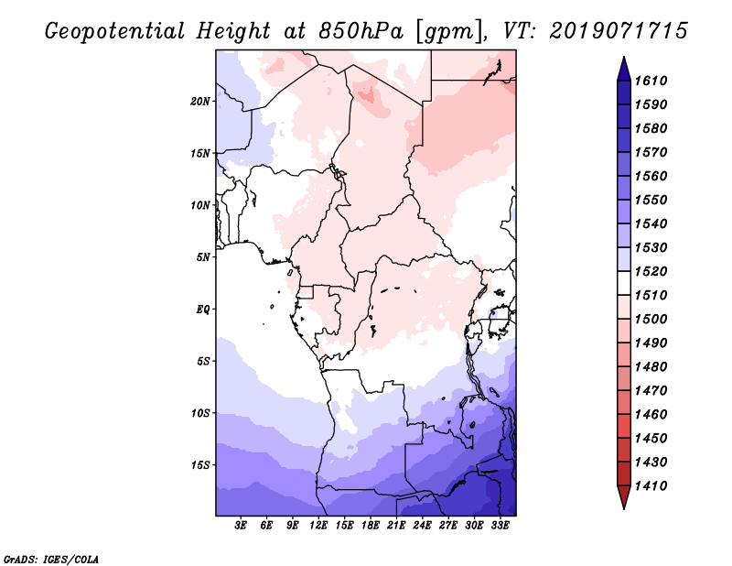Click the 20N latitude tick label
coord(200,101)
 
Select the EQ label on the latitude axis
coord(204,309)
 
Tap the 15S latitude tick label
coord(200,464)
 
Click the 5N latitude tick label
coord(203,257)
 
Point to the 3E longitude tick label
coord(242,525)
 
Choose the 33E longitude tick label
coord(500,525)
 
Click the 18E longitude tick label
coord(371,525)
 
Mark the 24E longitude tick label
coord(423,525)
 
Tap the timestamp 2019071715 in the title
coord(619,31)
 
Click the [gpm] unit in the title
coord(447,31)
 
